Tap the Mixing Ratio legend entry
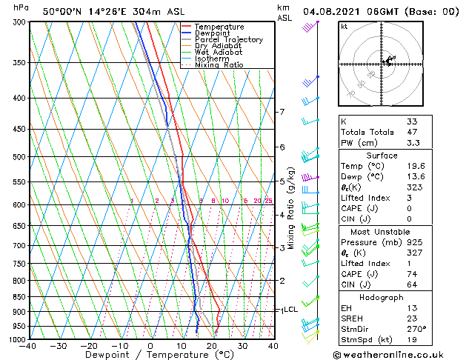219,65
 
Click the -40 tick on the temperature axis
28,346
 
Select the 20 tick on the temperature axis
212,346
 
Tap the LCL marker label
290,310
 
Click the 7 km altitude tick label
282,112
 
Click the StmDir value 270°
416,328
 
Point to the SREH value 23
412,318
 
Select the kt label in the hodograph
344,26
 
